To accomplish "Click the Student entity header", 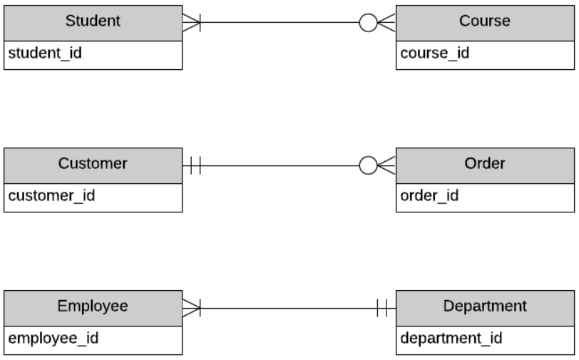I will pyautogui.click(x=93, y=21).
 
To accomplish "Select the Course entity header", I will pyautogui.click(x=484, y=21).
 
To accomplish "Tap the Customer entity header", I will pyautogui.click(x=93, y=164).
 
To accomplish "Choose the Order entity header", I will pyautogui.click(x=484, y=164).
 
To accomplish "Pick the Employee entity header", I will pyautogui.click(x=93, y=307).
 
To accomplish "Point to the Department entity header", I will pyautogui.click(x=484, y=307).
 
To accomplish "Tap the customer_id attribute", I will pyautogui.click(x=51, y=195).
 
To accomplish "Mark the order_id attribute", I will pyautogui.click(x=429, y=195).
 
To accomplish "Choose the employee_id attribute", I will pyautogui.click(x=53, y=338).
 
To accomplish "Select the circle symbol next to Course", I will pyautogui.click(x=368, y=23).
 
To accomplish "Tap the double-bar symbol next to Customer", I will pyautogui.click(x=196, y=166).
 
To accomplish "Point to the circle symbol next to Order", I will pyautogui.click(x=368, y=166).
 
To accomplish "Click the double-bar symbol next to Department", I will pyautogui.click(x=381, y=308).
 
